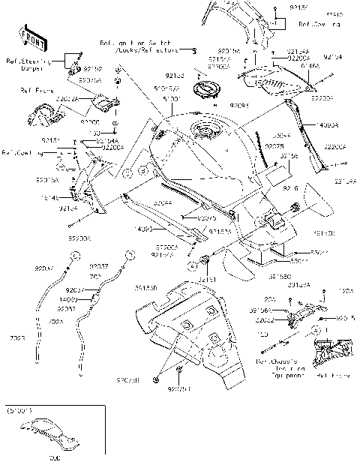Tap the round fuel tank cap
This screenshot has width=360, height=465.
tap(202, 89)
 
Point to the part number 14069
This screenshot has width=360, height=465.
tap(88, 298)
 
